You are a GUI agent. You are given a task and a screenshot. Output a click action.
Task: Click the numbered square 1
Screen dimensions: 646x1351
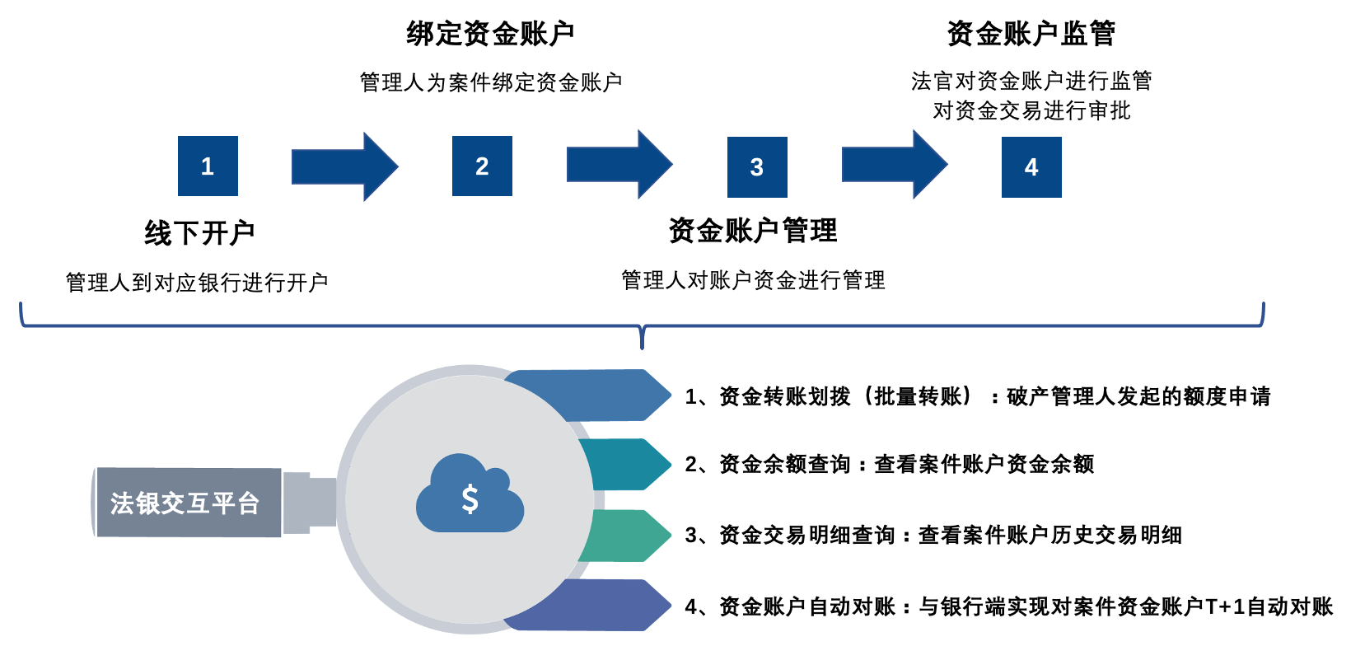pyautogui.click(x=208, y=166)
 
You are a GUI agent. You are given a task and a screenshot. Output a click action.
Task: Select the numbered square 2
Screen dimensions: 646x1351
pyautogui.click(x=482, y=166)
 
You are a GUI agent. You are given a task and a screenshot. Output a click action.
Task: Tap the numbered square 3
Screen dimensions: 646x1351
pyautogui.click(x=757, y=167)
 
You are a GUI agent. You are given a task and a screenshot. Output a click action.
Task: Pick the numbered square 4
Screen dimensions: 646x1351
pyautogui.click(x=1031, y=167)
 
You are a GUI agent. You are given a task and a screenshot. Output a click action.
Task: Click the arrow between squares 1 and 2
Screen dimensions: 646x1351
pyautogui.click(x=344, y=167)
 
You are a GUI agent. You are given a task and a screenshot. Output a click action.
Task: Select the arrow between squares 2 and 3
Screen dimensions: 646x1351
pyautogui.click(x=619, y=165)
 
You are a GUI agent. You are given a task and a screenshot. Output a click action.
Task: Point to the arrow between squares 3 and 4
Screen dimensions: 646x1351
pyautogui.click(x=895, y=165)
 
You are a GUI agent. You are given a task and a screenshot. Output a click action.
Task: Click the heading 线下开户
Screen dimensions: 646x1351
pyautogui.click(x=199, y=233)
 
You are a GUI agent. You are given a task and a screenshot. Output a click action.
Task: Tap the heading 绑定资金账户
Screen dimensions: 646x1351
pyautogui.click(x=490, y=34)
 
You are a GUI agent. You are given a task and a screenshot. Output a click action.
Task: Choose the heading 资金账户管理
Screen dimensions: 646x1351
pyautogui.click(x=753, y=231)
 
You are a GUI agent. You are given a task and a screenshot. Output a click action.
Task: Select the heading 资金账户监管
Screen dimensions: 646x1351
pyautogui.click(x=1031, y=34)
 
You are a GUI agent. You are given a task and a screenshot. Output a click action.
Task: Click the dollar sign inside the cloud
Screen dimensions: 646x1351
pyautogui.click(x=470, y=499)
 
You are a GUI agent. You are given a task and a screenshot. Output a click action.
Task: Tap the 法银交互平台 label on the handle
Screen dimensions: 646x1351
pyautogui.click(x=185, y=503)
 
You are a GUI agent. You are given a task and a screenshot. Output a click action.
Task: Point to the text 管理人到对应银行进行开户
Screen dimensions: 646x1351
pyautogui.click(x=197, y=283)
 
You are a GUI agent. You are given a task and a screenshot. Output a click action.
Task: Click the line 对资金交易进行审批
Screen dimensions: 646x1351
pyautogui.click(x=1031, y=110)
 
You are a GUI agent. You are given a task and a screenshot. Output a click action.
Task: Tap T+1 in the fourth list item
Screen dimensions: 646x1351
pyautogui.click(x=1226, y=607)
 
